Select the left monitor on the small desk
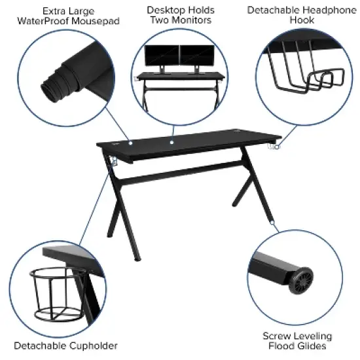(161, 55)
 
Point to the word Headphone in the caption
(330, 10)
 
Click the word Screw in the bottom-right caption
(277, 336)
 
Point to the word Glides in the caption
(315, 346)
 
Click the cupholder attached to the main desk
(113, 160)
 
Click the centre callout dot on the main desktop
(172, 141)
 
